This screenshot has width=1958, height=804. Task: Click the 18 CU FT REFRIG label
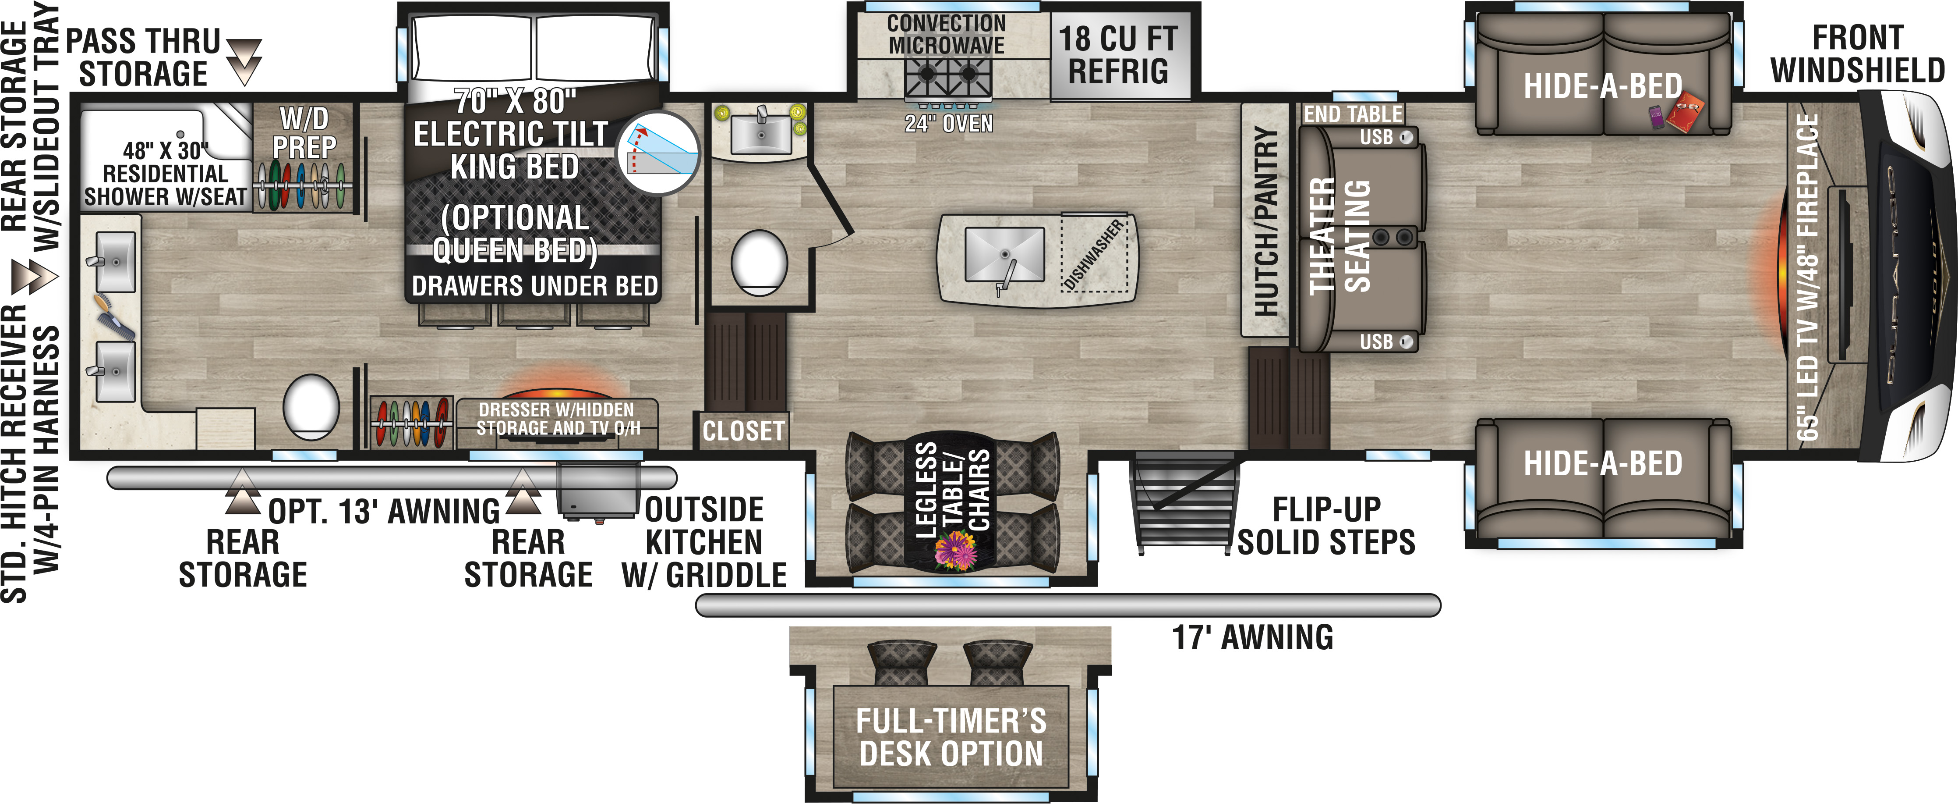point(1118,55)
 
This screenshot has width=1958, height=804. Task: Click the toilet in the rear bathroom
point(311,406)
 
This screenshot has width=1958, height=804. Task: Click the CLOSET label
point(742,431)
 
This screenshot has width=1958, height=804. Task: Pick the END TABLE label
point(1353,114)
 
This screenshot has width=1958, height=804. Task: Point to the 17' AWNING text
point(1253,637)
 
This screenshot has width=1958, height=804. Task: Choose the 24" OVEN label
point(949,123)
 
